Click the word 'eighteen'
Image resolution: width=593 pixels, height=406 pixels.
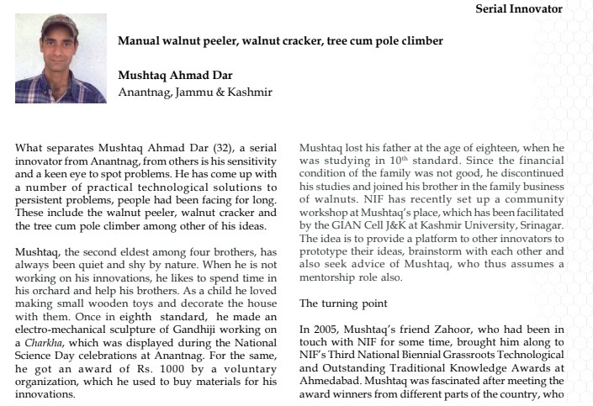tap(520, 148)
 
